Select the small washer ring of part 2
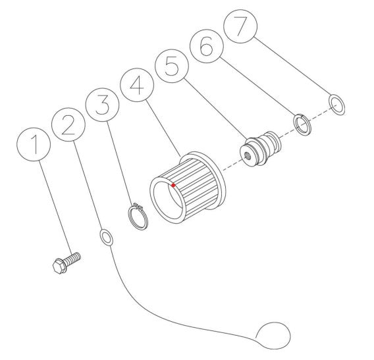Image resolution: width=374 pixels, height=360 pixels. tap(105, 236)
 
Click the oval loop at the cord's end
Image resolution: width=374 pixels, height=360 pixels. tap(272, 334)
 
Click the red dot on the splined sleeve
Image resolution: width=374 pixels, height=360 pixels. tap(173, 186)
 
